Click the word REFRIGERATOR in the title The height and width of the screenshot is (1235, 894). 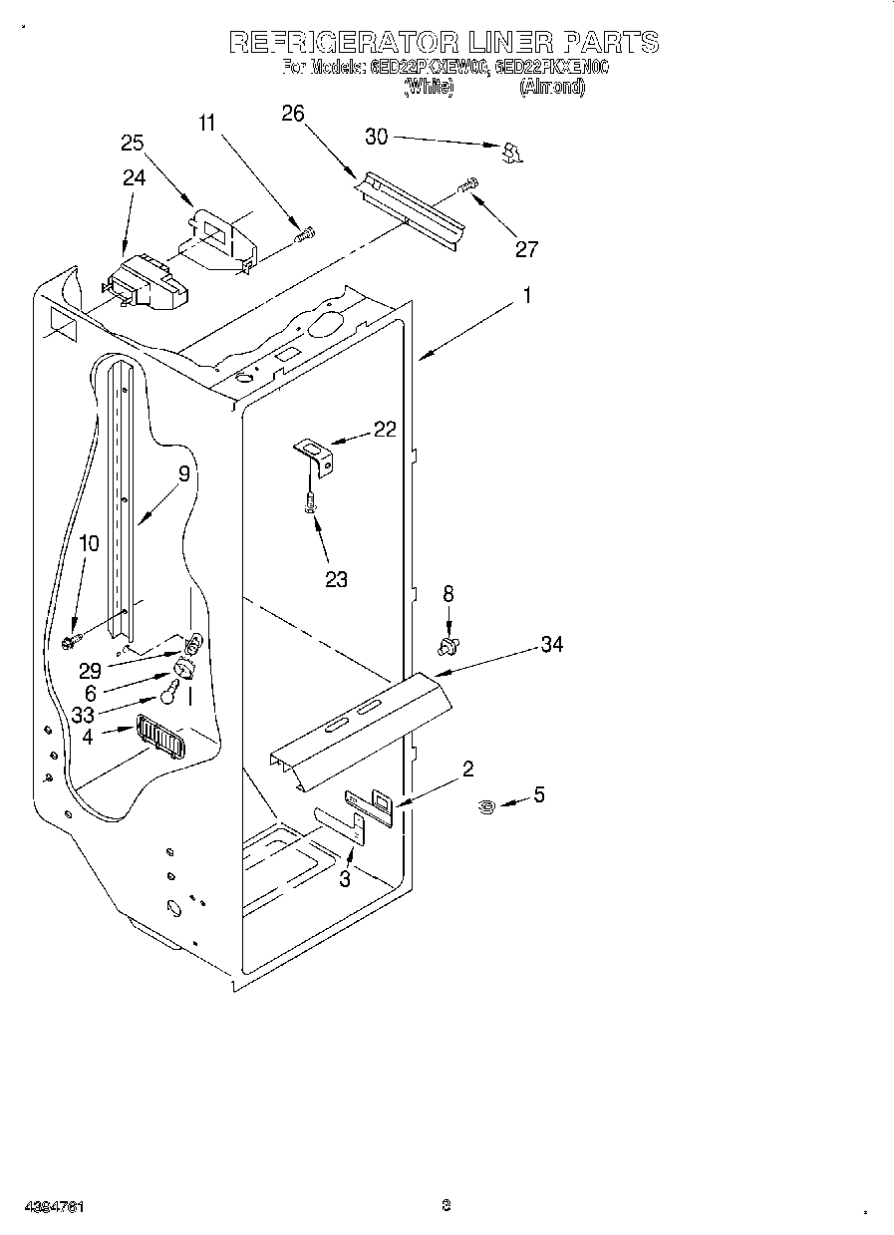[x=343, y=42]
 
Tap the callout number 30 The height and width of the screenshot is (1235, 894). [x=376, y=138]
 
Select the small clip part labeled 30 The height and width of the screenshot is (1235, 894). [x=512, y=152]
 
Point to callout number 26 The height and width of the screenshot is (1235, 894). [x=292, y=114]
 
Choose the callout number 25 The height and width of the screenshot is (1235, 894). [x=133, y=143]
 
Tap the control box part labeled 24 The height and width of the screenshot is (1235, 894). [x=147, y=282]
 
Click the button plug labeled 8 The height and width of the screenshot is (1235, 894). [x=448, y=647]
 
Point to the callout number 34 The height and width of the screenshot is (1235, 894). [x=551, y=645]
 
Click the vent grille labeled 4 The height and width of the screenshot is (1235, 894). [x=159, y=740]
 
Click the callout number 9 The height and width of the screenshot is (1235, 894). [x=183, y=475]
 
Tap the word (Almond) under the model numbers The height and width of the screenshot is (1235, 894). [x=551, y=87]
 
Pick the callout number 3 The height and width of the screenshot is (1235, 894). [x=345, y=878]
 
